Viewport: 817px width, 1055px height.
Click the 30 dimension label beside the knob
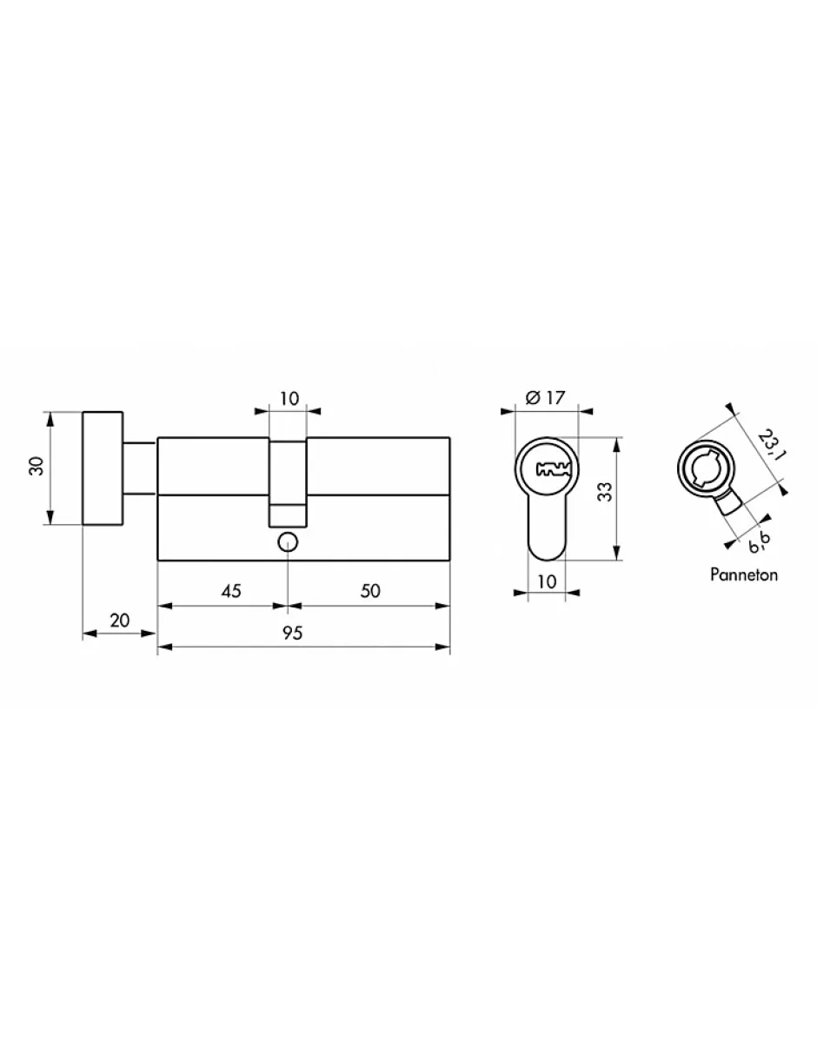pyautogui.click(x=36, y=467)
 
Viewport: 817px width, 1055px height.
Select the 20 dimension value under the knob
pyautogui.click(x=120, y=620)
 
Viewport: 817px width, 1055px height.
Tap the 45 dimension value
pyautogui.click(x=230, y=591)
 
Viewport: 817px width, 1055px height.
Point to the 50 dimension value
pyautogui.click(x=370, y=591)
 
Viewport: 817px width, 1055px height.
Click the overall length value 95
pyautogui.click(x=292, y=634)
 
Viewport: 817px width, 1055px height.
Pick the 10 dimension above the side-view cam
pyautogui.click(x=289, y=399)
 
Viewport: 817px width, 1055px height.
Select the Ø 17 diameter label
pyautogui.click(x=546, y=398)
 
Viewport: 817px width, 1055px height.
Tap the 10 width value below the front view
pyautogui.click(x=546, y=581)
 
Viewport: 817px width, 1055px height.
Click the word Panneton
pyautogui.click(x=743, y=574)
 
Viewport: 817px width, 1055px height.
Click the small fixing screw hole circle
pyautogui.click(x=288, y=542)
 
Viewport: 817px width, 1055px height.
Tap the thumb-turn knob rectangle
pyautogui.click(x=103, y=467)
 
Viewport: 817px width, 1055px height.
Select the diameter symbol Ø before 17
pyautogui.click(x=531, y=398)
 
